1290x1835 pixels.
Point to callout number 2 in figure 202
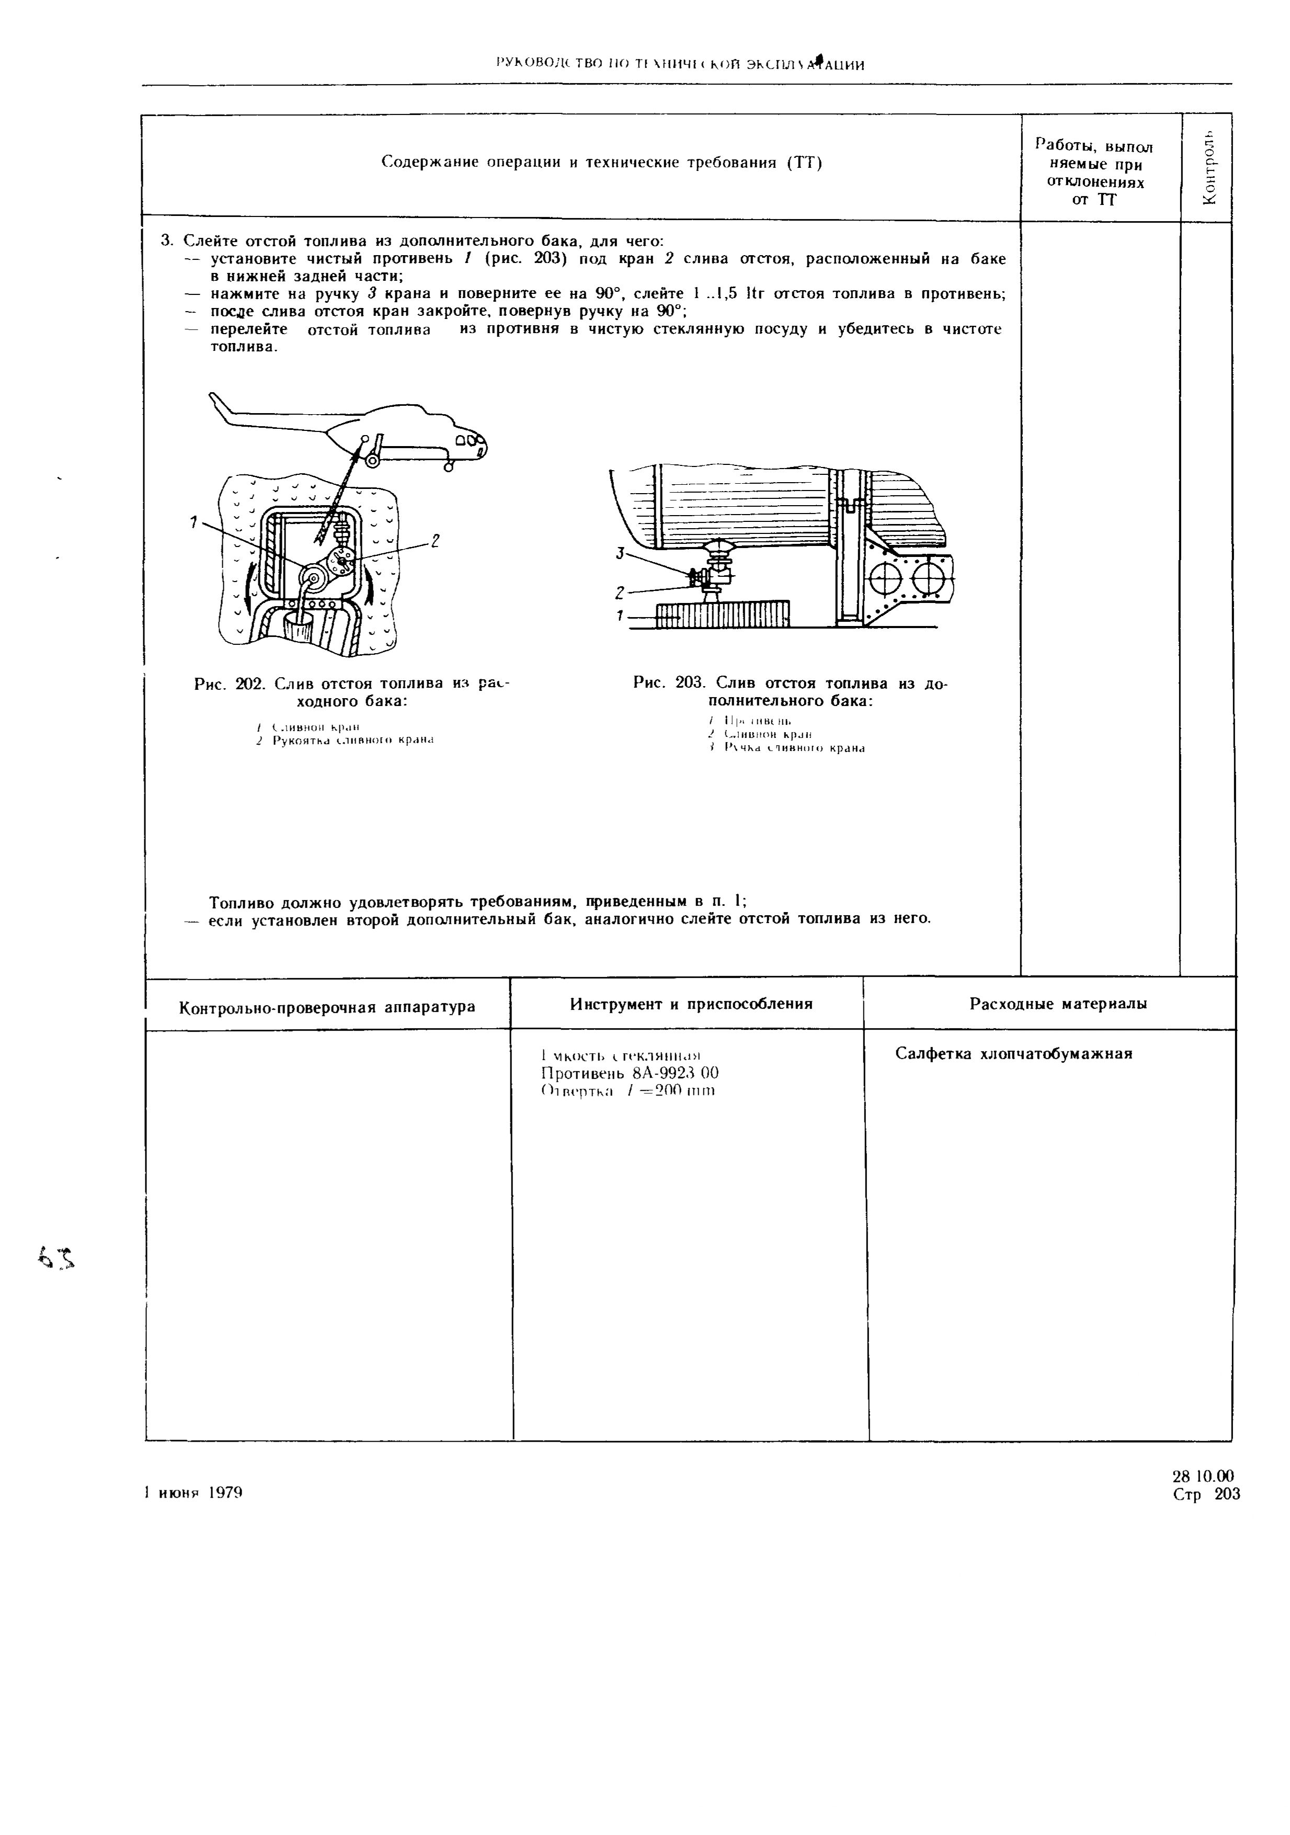click(x=436, y=541)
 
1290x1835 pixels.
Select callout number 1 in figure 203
click(x=618, y=616)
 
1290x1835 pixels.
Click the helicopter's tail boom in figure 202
click(x=264, y=418)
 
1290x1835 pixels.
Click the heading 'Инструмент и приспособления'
click(x=691, y=1004)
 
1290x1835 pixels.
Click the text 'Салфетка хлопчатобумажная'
click(x=1013, y=1053)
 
